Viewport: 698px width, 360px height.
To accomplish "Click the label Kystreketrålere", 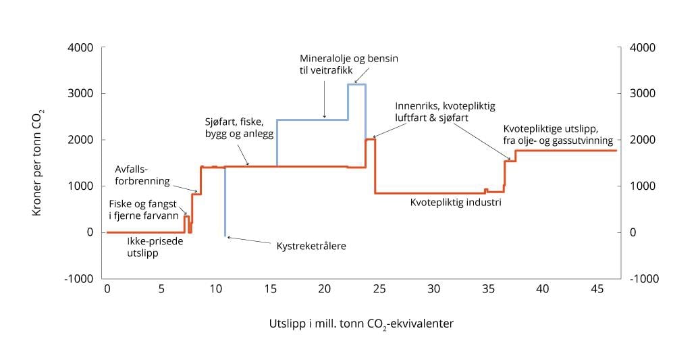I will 311,246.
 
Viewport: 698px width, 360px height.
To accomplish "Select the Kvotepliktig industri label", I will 455,201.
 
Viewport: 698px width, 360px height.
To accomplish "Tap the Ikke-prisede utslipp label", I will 146,245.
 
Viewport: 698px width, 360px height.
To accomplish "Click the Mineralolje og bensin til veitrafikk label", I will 348,64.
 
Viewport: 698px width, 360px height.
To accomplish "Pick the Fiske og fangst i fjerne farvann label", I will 143,210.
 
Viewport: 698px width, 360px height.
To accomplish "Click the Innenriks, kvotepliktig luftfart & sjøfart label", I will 445,112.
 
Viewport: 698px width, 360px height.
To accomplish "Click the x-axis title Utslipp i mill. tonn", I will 361,324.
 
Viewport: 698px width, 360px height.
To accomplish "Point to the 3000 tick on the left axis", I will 80,94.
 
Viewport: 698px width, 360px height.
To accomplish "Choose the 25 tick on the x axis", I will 379,288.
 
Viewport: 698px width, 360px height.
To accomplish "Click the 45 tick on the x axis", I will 597,288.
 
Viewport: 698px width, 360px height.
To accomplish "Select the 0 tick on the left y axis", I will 89,232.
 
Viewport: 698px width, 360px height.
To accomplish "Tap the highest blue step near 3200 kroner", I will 356,84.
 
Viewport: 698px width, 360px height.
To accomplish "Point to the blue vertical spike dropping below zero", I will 225,203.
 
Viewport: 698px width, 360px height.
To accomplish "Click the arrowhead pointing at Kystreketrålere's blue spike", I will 230,237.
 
